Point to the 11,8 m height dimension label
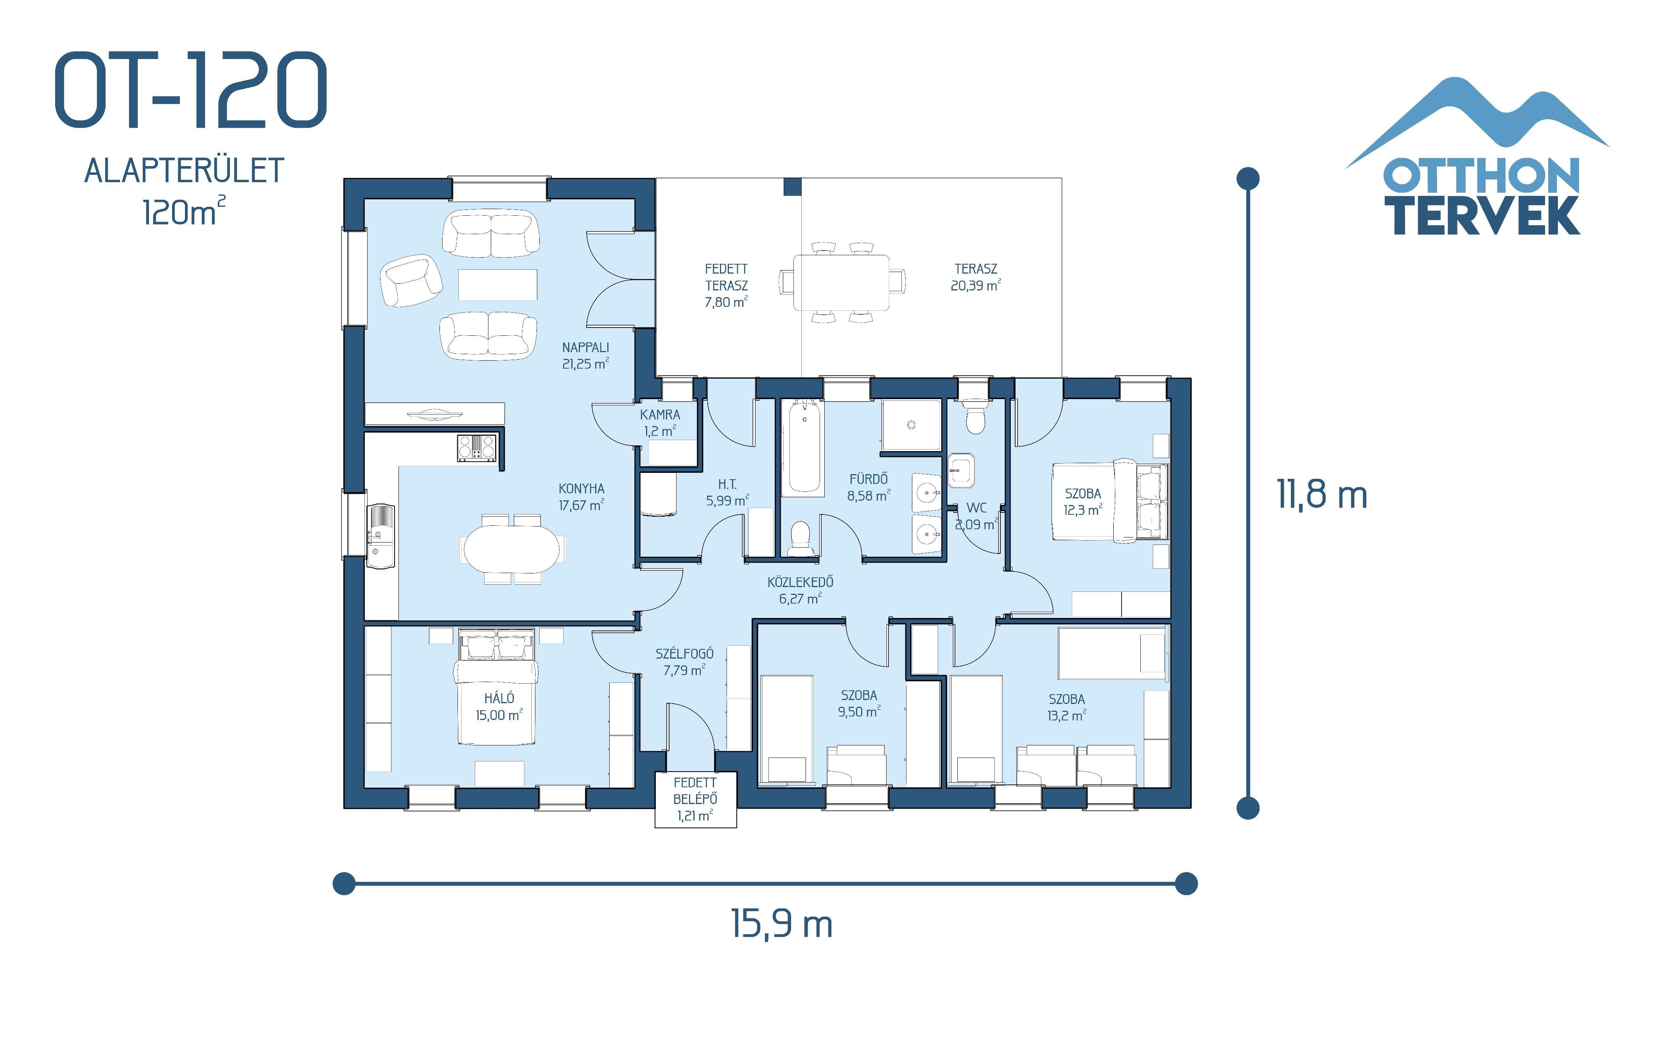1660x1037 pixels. point(1322,494)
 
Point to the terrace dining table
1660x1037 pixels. point(841,283)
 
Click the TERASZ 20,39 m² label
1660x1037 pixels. point(975,277)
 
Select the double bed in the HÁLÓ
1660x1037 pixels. point(495,686)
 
